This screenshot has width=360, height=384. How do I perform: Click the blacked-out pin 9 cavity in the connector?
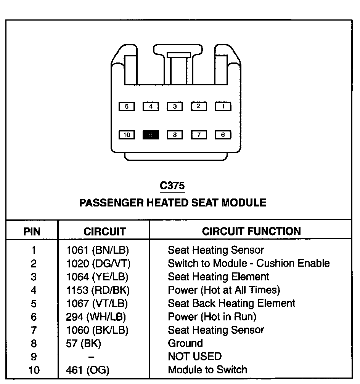[x=151, y=134]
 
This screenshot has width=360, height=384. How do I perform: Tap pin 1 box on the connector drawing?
[x=223, y=107]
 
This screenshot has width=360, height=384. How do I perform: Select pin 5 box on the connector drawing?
[x=127, y=107]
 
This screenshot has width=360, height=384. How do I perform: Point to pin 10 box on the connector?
[x=127, y=134]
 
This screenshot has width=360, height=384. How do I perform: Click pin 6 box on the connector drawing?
[x=223, y=134]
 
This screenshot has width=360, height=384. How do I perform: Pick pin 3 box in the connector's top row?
[x=175, y=107]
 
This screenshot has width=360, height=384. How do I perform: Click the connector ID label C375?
[x=172, y=186]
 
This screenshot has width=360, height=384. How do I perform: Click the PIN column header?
[x=32, y=231]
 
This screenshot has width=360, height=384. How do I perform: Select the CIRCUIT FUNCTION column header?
[x=251, y=231]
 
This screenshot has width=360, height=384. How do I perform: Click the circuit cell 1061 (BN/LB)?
[x=98, y=250]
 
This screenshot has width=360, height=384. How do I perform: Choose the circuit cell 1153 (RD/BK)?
[x=98, y=290]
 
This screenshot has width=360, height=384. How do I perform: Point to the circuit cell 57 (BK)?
[x=84, y=343]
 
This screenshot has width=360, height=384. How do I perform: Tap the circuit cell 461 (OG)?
[x=88, y=370]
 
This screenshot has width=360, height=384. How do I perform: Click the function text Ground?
[x=185, y=343]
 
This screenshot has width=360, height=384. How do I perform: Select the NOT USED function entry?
[x=194, y=357]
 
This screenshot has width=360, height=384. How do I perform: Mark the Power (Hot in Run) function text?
[x=212, y=317]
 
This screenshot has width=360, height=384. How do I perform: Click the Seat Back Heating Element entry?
[x=231, y=303]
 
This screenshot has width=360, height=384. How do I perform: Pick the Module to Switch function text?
[x=207, y=370]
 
